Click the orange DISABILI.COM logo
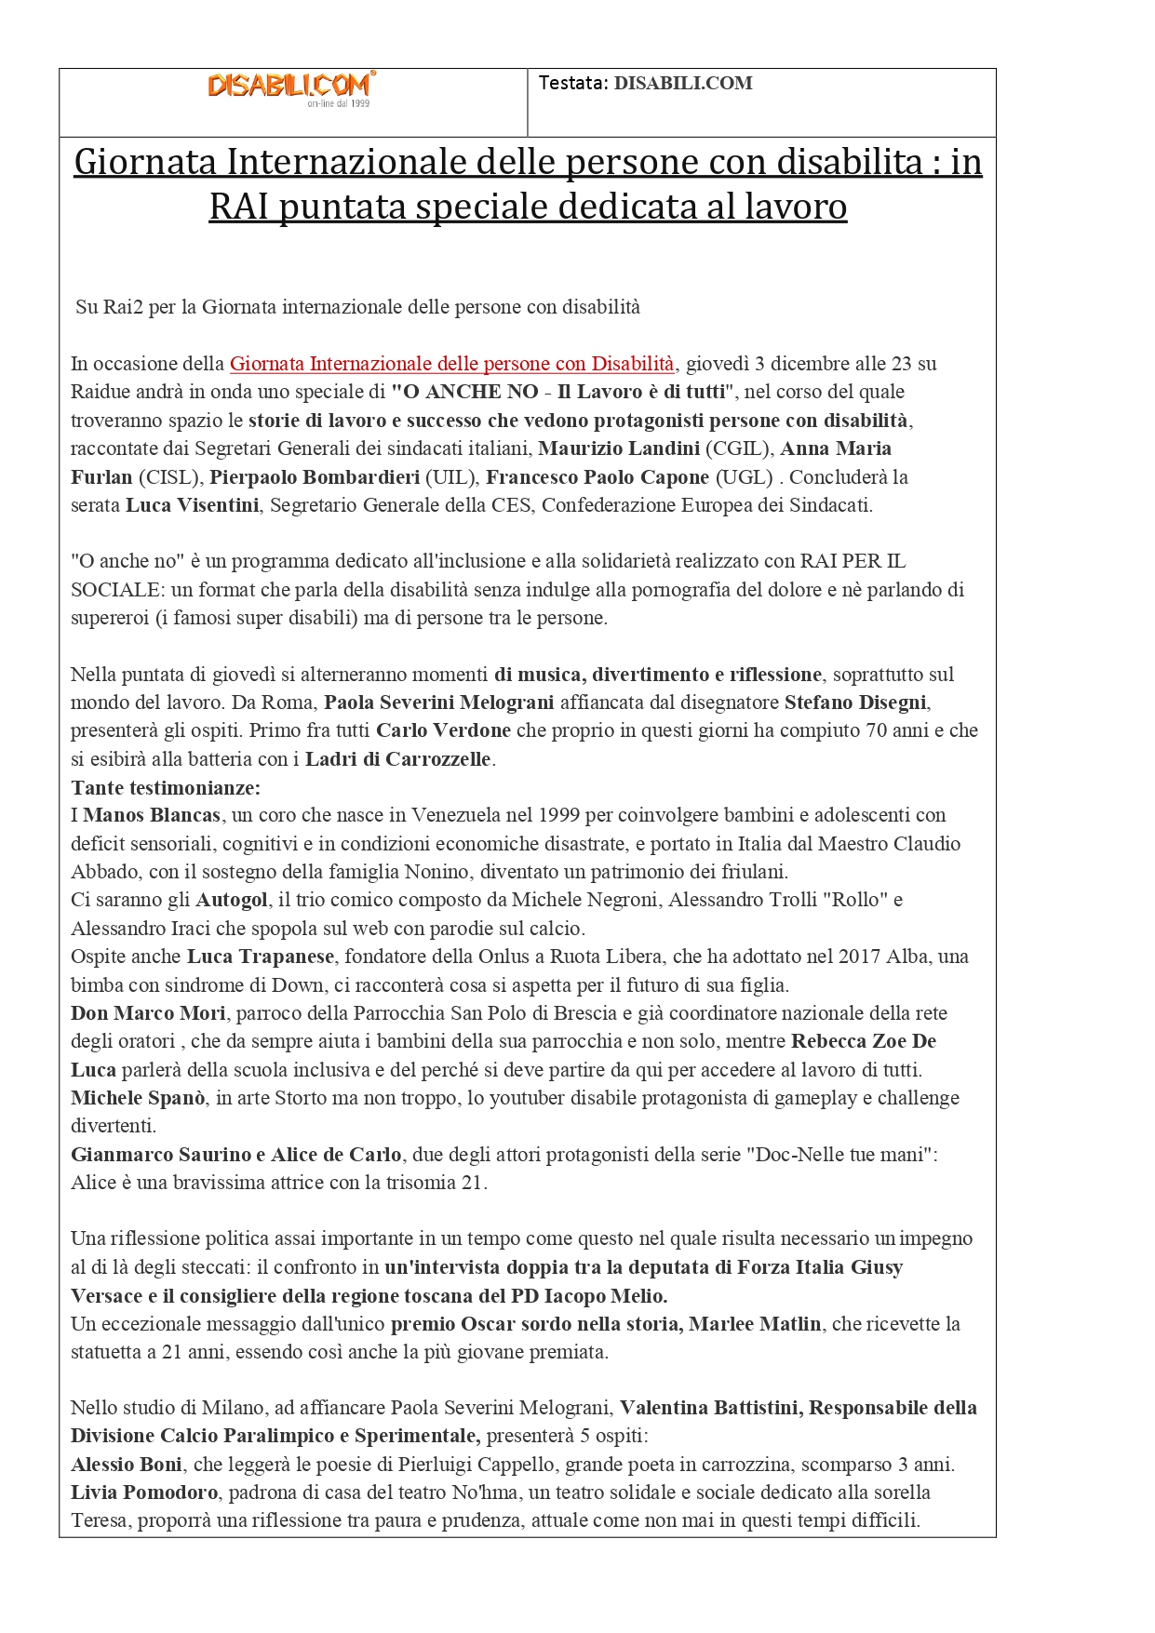(x=289, y=87)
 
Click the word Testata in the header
(x=571, y=83)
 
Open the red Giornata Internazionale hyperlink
(x=451, y=364)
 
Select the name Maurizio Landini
(x=619, y=448)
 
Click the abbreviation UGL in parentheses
(x=744, y=477)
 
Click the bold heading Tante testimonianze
(x=166, y=787)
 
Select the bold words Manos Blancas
(x=152, y=815)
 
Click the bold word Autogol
(x=232, y=900)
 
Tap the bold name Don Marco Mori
(x=148, y=1013)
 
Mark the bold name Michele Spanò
(x=138, y=1098)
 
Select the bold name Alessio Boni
(x=127, y=1465)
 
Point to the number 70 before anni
(x=876, y=730)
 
